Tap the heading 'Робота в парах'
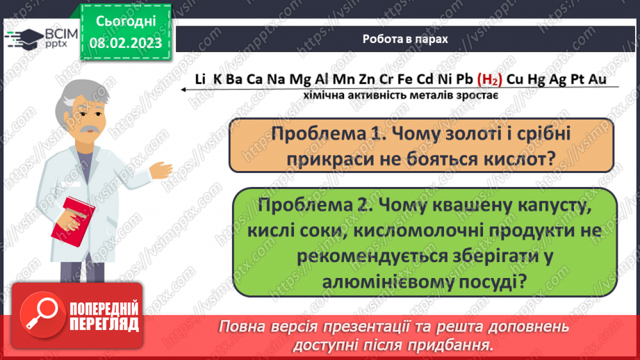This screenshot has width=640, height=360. tap(405, 39)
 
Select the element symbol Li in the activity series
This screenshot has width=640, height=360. tap(200, 80)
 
